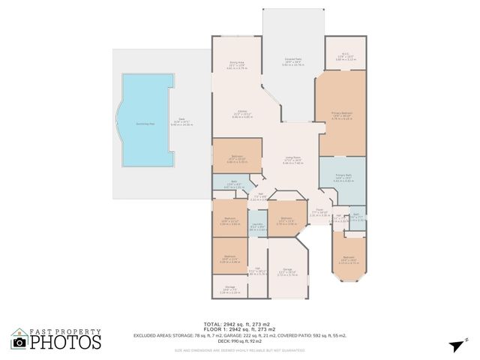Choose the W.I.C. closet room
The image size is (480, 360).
(345, 55)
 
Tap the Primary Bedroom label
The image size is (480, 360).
(342, 115)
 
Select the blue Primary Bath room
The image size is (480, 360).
(343, 179)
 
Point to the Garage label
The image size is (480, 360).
(287, 273)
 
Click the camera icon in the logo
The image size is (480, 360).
(20, 342)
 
